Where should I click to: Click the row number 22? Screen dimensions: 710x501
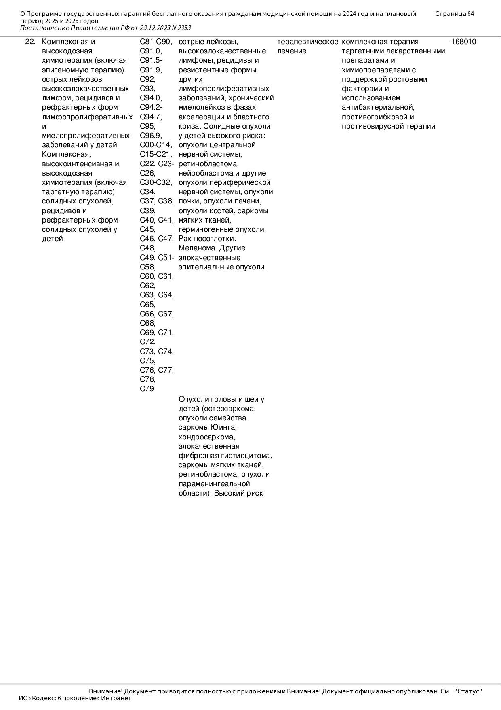click(x=30, y=42)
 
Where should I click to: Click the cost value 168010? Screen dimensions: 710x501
click(x=463, y=42)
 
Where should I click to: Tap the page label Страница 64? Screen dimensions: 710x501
click(x=455, y=14)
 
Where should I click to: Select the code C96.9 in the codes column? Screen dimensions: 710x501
click(x=150, y=136)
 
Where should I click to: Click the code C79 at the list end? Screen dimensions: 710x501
click(x=147, y=389)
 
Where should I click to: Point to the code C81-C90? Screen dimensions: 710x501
click(x=156, y=42)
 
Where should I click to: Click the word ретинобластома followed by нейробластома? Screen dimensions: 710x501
click(x=208, y=164)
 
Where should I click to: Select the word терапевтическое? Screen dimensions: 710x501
click(x=307, y=42)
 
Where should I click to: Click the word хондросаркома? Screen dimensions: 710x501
click(x=206, y=437)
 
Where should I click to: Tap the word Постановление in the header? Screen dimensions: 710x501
click(x=44, y=28)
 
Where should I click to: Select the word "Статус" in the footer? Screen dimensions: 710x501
click(x=468, y=691)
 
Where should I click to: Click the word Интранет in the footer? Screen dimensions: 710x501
click(x=116, y=698)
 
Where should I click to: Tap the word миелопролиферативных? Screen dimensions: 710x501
click(x=86, y=136)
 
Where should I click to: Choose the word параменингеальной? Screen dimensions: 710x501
click(x=214, y=484)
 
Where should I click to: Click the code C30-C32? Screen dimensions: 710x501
click(x=156, y=182)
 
